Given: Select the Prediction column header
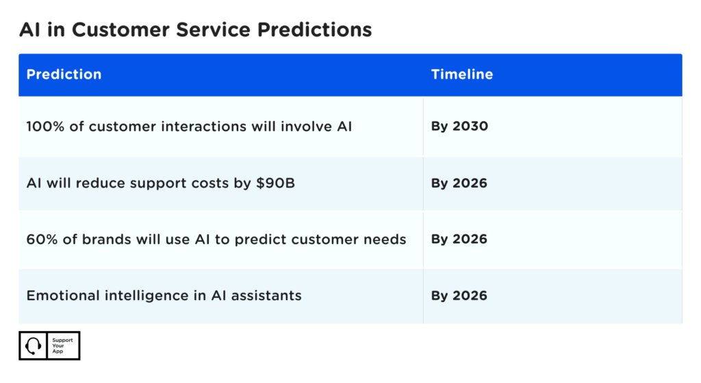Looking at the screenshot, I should (x=64, y=75).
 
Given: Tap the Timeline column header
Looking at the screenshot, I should (x=461, y=75).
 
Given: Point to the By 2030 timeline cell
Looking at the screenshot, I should (x=459, y=127).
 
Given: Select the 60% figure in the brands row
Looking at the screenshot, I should (x=40, y=239).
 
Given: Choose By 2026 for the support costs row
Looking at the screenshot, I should (x=459, y=184).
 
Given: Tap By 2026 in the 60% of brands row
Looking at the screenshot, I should (x=459, y=239).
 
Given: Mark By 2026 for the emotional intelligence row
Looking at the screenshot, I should (x=459, y=296).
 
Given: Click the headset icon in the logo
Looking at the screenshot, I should (x=33, y=346).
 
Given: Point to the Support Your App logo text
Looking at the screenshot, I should (x=62, y=346).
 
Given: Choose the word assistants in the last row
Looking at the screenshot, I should (x=269, y=296).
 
